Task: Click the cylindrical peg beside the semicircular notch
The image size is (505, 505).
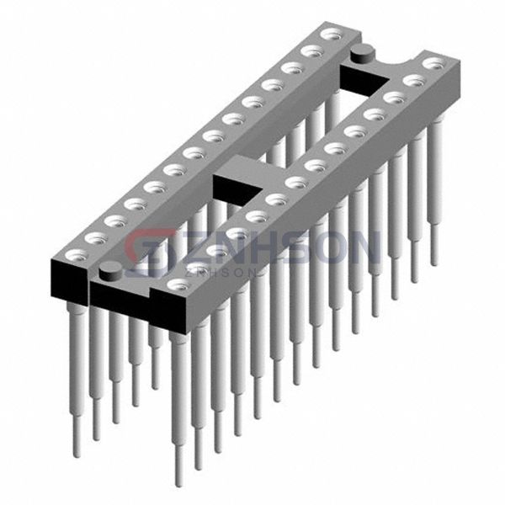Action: pyautogui.click(x=363, y=54)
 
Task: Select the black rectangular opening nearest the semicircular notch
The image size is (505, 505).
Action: pyautogui.click(x=364, y=77)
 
